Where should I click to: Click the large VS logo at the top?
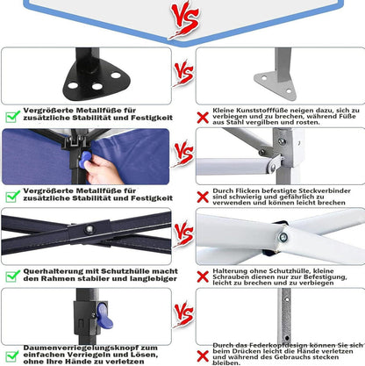pyautogui.click(x=185, y=19)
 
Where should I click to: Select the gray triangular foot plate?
pyautogui.click(x=275, y=84)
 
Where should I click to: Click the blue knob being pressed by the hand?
pyautogui.click(x=84, y=160)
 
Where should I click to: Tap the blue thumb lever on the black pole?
pyautogui.click(x=104, y=316)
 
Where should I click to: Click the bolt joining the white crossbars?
pyautogui.click(x=283, y=237)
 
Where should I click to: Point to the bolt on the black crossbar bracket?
pyautogui.click(x=89, y=229)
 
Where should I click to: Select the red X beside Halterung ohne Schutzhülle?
pyautogui.click(x=203, y=276)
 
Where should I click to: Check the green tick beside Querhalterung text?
pyautogui.click(x=13, y=276)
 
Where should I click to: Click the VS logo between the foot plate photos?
pyautogui.click(x=183, y=74)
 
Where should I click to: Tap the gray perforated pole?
pyautogui.click(x=285, y=316)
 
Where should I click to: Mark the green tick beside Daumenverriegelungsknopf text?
pyautogui.click(x=13, y=355)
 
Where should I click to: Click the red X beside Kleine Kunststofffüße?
pyautogui.click(x=203, y=118)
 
